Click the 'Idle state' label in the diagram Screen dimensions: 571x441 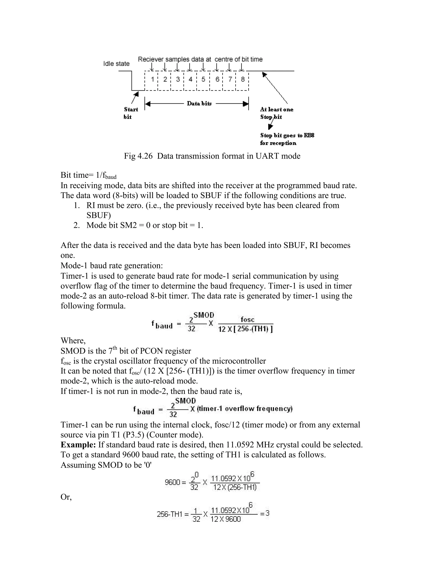pyautogui.click(x=116, y=64)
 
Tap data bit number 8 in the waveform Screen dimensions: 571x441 pyautogui.click(x=243, y=79)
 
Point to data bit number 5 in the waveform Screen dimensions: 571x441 pyautogui.click(x=203, y=79)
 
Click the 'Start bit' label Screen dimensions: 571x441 pyautogui.click(x=131, y=113)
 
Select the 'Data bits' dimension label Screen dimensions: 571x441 pyautogui.click(x=199, y=103)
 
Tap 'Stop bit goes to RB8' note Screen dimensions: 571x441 pyautogui.click(x=287, y=136)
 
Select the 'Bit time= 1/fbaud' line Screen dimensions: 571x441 pyautogui.click(x=88, y=175)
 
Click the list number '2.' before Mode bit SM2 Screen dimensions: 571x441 pyautogui.click(x=76, y=225)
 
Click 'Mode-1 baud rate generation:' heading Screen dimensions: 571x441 pyautogui.click(x=112, y=266)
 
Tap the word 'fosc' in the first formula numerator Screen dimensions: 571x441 pyautogui.click(x=247, y=319)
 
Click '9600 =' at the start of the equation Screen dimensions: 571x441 pyautogui.click(x=175, y=482)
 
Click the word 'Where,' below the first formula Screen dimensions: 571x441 pyautogui.click(x=73, y=341)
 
